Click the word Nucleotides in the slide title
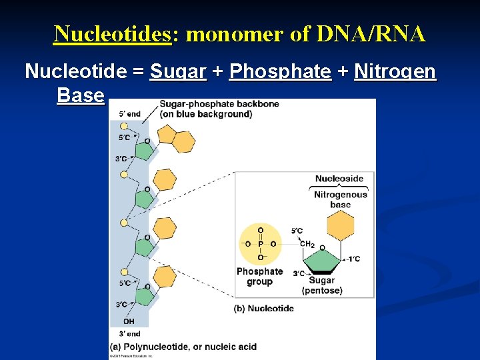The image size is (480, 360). tap(112, 33)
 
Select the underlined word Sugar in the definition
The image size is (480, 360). tap(178, 71)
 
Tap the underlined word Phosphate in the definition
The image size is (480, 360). tap(280, 71)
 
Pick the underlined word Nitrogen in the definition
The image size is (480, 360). tap(395, 71)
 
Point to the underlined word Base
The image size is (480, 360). tap(81, 95)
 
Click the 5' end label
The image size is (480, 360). tap(129, 114)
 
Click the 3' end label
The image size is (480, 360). tap(129, 333)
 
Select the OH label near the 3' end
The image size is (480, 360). tap(129, 321)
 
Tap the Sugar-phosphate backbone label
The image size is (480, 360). tap(205, 109)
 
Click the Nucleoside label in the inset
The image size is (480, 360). tap(339, 179)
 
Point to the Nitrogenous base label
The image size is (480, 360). tap(340, 199)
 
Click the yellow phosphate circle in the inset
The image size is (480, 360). tap(260, 244)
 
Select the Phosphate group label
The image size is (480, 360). tap(259, 276)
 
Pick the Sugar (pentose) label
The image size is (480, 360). tap(322, 285)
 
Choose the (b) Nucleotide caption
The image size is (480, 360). tap(263, 308)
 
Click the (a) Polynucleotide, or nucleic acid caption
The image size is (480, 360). tap(183, 347)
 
